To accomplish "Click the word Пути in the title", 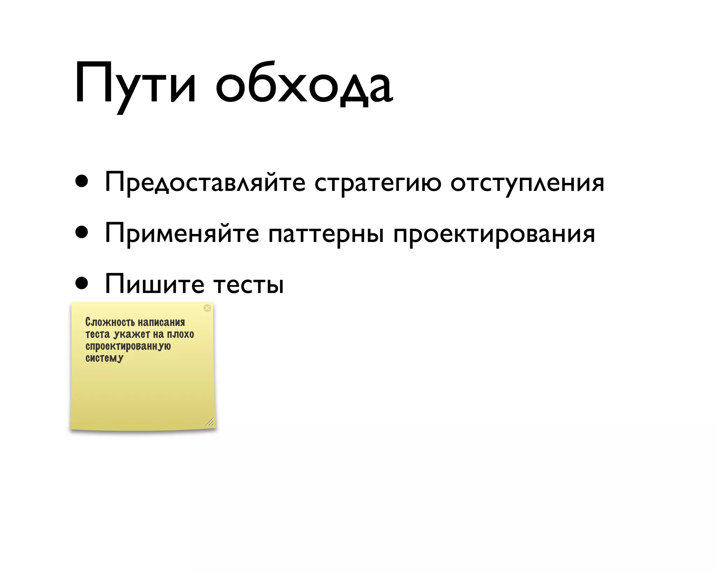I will (135, 84).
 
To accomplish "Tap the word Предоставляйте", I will (205, 183).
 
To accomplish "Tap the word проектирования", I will (494, 234).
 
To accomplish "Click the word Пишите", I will (154, 284).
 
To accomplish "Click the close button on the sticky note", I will (207, 308).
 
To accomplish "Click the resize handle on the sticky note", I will (209, 422).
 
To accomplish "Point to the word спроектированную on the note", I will (128, 346).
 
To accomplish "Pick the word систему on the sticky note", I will (104, 358).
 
